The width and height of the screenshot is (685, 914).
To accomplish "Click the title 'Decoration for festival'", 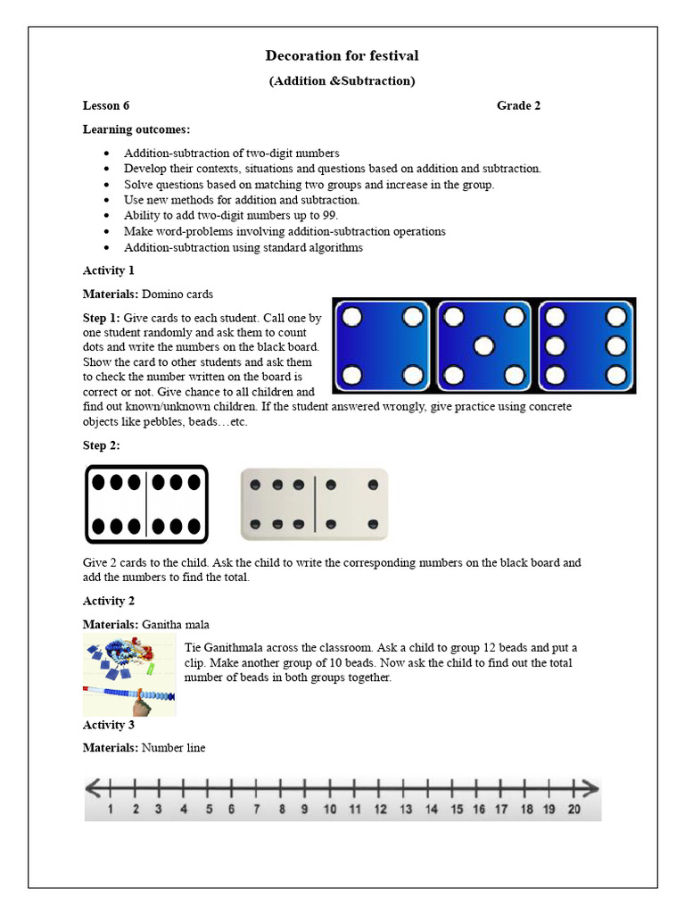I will coord(342,55).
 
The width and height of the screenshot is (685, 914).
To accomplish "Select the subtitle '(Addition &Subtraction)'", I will coord(342,81).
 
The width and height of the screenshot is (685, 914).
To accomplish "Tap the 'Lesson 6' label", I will coord(106,105).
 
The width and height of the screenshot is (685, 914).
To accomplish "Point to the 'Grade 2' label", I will coord(518,105).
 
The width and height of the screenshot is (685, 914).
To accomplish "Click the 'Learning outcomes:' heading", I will coord(136,129).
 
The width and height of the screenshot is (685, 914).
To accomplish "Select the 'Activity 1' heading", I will coord(109,270).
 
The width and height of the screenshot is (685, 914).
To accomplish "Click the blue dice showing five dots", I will coord(484,345).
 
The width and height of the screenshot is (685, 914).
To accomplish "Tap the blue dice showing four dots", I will coord(383,345).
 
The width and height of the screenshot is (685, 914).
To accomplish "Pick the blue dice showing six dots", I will coord(586,345).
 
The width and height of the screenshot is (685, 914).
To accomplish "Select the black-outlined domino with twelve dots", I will coord(146,504).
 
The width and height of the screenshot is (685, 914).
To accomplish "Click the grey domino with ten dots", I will coord(314,504).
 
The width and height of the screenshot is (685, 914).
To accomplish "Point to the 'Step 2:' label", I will coord(102,445).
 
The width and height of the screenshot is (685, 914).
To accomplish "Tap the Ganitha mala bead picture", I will coord(129,677).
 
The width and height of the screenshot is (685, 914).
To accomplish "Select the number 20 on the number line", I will coord(574,810).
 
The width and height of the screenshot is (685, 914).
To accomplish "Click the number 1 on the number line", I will coord(110,810).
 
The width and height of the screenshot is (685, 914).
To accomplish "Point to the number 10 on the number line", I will coord(329,810).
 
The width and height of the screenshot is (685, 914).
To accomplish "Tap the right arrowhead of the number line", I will coord(590,788).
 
